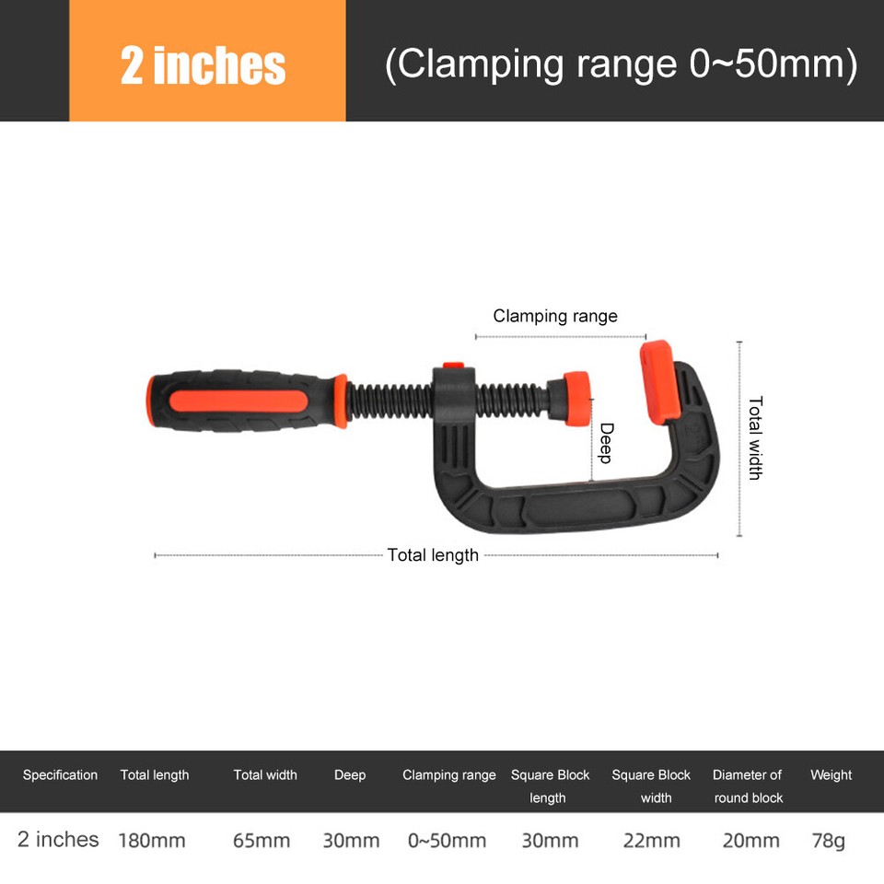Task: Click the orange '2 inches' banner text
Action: [204, 66]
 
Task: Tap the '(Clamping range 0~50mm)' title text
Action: [621, 65]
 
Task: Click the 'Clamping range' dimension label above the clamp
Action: [554, 316]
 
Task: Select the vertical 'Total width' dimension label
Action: [755, 437]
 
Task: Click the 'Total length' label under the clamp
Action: [433, 554]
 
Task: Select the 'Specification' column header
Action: [60, 775]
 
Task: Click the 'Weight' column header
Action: [831, 775]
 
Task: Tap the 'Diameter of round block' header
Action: [748, 786]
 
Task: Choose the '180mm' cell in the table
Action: [152, 840]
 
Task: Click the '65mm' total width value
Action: [262, 840]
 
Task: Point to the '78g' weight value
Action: [829, 840]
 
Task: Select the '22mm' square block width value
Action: [652, 840]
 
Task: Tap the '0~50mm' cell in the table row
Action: [447, 840]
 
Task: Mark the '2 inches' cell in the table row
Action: [58, 839]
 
